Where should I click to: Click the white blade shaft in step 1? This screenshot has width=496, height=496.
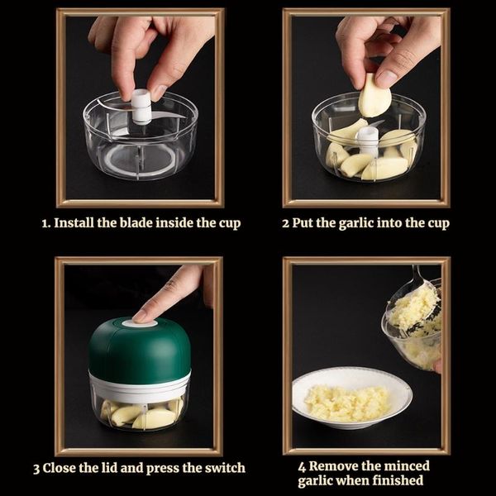141,107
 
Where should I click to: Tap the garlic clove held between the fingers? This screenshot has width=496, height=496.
374,96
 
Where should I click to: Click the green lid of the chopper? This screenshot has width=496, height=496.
140,349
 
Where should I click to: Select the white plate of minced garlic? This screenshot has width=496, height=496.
352,398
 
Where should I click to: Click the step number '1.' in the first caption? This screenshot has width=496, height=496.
46,223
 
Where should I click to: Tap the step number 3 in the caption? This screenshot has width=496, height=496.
36,469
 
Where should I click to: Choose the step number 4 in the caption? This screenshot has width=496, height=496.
302,467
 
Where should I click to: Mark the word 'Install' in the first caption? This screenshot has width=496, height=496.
74,222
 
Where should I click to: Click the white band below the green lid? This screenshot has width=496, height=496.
140,386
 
